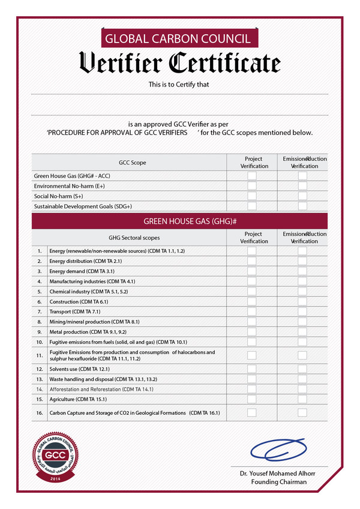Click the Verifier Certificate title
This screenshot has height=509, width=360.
pos(179,62)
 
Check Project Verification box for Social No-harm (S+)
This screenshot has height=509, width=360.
pos(252,196)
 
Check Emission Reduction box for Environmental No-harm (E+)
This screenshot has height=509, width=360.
pos(302,186)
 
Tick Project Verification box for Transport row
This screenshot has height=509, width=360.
pos(252,312)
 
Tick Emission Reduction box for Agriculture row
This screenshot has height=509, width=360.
pos(302,399)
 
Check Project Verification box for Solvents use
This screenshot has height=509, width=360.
pos(252,369)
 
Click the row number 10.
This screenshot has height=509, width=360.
pos(40,342)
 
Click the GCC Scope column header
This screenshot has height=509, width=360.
pos(132,163)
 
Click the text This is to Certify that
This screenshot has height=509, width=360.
pos(179,85)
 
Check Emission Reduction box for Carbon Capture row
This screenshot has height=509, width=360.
pos(302,413)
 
